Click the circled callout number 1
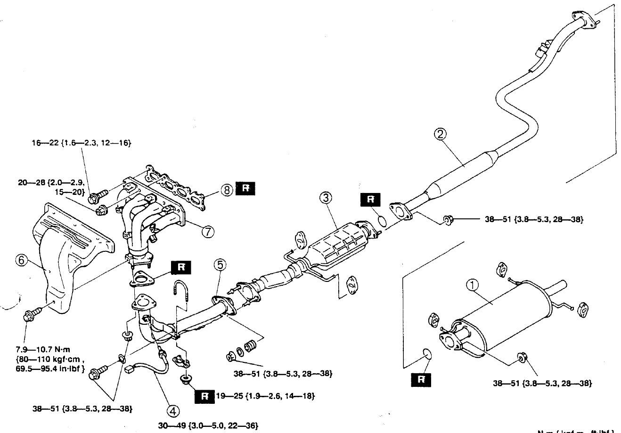click(x=472, y=284)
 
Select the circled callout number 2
click(x=440, y=135)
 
